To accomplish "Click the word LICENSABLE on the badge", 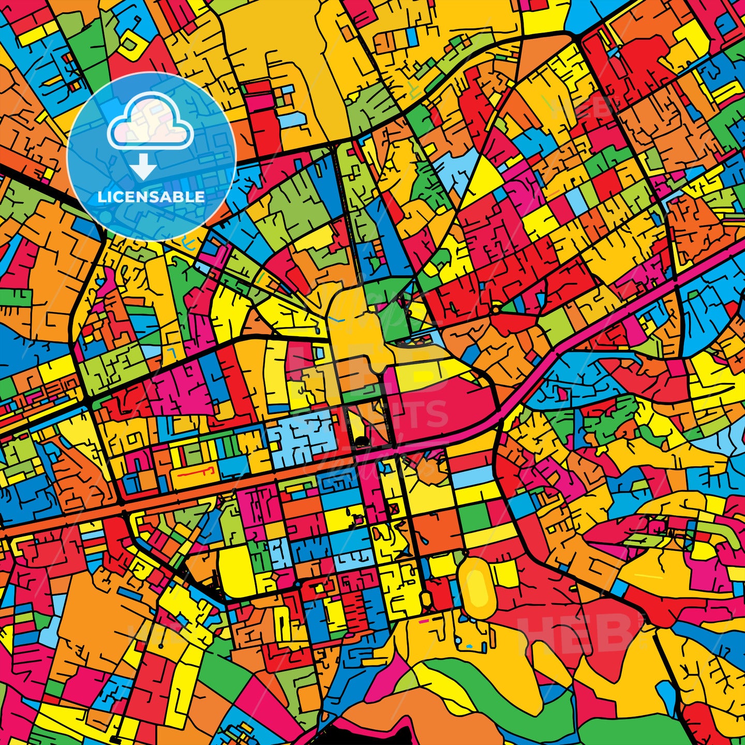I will [151, 197].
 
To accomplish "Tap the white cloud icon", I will [150, 124].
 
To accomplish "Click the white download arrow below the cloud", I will [143, 167].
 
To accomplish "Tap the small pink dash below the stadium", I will [424, 620].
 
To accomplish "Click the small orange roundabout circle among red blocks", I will [495, 310].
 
